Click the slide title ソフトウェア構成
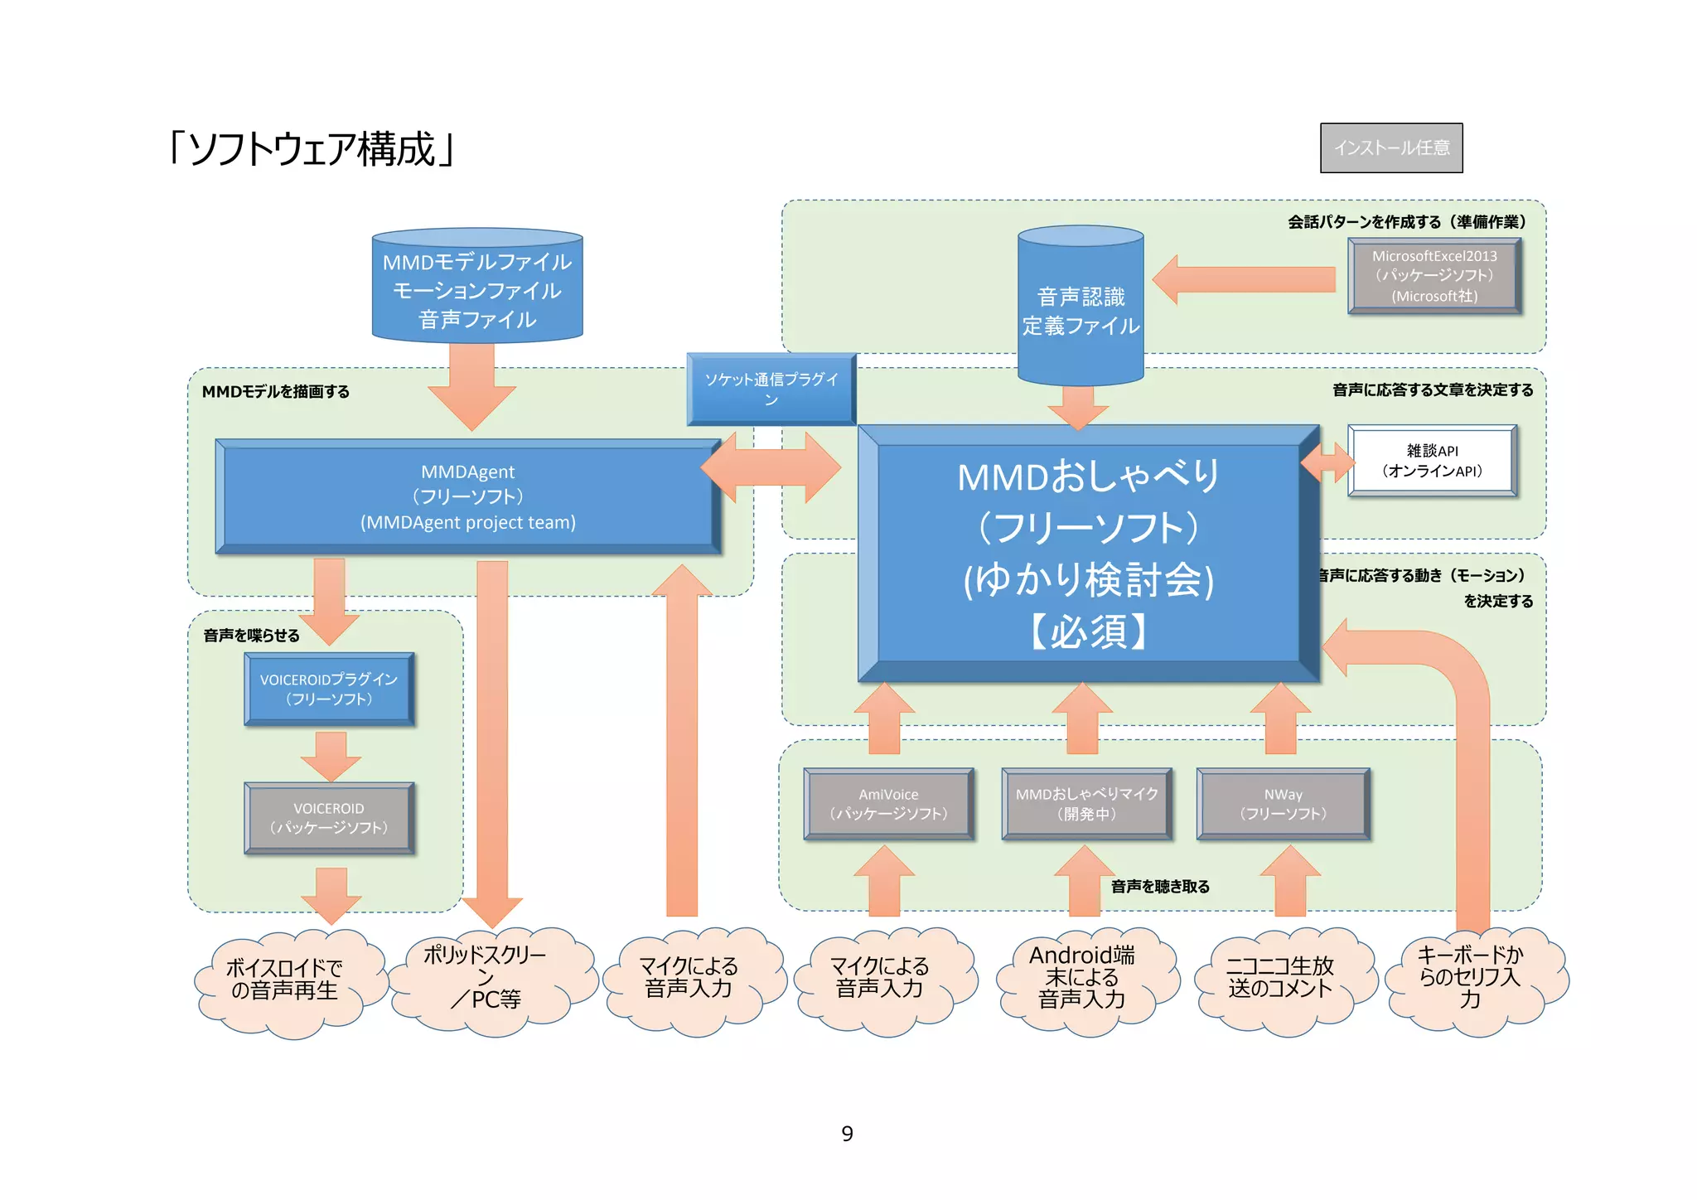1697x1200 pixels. click(x=311, y=149)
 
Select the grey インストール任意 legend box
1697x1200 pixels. click(x=1390, y=148)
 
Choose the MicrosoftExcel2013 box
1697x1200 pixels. click(x=1434, y=276)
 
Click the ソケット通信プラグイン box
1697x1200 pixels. click(x=771, y=389)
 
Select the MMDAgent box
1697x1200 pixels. click(x=468, y=496)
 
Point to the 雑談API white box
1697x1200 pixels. click(x=1432, y=461)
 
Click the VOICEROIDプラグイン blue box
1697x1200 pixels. click(x=329, y=689)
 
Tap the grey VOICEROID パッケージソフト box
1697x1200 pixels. click(x=329, y=818)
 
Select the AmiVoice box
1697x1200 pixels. click(x=888, y=804)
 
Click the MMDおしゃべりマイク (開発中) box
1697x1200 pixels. click(x=1086, y=804)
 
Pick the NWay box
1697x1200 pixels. click(x=1283, y=804)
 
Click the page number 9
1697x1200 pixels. click(x=847, y=1133)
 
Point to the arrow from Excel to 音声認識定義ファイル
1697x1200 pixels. click(x=1243, y=279)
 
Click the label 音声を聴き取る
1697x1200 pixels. click(x=1160, y=887)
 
